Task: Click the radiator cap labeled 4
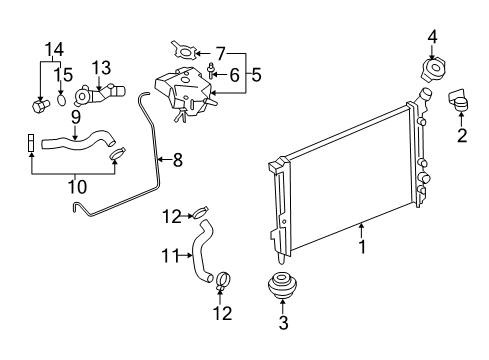432,69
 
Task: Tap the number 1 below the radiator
362,247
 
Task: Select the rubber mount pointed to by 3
282,285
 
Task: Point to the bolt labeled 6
211,70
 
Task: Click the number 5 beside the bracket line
256,75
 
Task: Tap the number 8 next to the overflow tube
177,160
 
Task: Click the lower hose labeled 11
200,253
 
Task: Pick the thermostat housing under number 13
99,94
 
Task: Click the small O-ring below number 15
61,100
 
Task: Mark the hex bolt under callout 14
40,106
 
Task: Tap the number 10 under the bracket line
77,187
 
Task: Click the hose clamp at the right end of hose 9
117,154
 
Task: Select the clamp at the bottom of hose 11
223,281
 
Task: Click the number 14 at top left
54,49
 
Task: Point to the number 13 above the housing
101,68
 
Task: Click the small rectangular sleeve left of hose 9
31,143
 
